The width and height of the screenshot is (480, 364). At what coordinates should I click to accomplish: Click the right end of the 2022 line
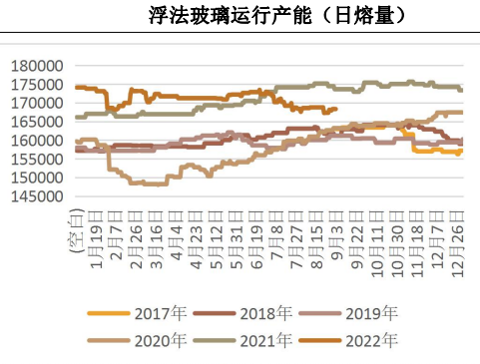337,109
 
